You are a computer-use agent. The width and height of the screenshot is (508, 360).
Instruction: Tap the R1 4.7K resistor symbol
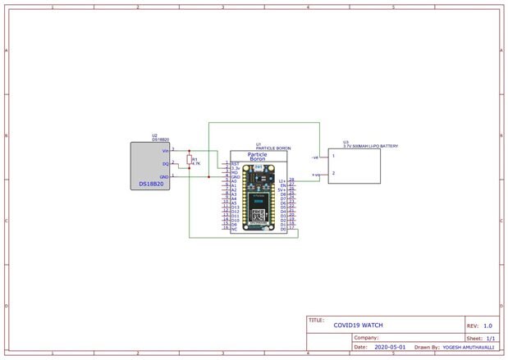(x=190, y=162)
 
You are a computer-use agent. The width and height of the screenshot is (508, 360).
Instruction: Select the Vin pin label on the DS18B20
(x=165, y=150)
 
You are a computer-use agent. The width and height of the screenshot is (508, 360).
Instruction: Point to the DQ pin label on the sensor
(x=165, y=163)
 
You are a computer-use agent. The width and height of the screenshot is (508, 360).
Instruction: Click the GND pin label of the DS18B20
(x=164, y=176)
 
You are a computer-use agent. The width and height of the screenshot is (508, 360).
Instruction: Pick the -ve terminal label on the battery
(x=315, y=156)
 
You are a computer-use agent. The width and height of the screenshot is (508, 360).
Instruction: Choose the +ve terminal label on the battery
(x=315, y=175)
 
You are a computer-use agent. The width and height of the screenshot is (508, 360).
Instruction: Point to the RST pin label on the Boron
(x=235, y=163)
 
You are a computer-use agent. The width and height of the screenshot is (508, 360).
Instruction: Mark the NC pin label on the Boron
(x=234, y=230)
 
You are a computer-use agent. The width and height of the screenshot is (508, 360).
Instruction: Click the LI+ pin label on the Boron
(x=282, y=180)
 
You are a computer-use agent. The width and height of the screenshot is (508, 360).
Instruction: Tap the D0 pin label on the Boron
(x=283, y=230)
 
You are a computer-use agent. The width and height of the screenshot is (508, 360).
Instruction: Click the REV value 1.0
(x=487, y=326)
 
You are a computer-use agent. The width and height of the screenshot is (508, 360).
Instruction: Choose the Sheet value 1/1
(x=490, y=338)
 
